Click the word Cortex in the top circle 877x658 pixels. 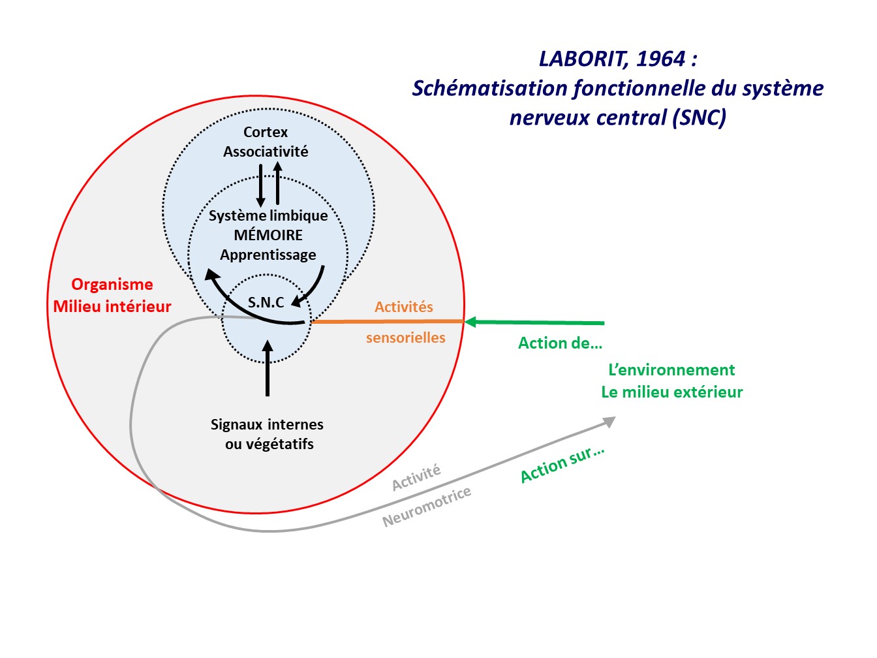(266, 133)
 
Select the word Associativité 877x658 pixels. (266, 152)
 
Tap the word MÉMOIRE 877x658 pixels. (268, 235)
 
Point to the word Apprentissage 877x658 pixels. (268, 255)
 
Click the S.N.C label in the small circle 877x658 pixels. (266, 302)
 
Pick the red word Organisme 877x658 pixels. (112, 285)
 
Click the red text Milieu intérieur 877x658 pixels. (112, 307)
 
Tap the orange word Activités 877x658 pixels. (404, 307)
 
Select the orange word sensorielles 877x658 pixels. (406, 338)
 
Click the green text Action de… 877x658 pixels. (560, 343)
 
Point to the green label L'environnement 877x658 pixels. (671, 370)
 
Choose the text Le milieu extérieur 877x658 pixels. (672, 392)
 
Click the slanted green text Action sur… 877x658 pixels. (562, 465)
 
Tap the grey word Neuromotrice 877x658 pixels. (427, 507)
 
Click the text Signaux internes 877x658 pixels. (267, 425)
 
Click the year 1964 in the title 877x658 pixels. (660, 59)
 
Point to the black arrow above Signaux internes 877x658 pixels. (268, 369)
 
